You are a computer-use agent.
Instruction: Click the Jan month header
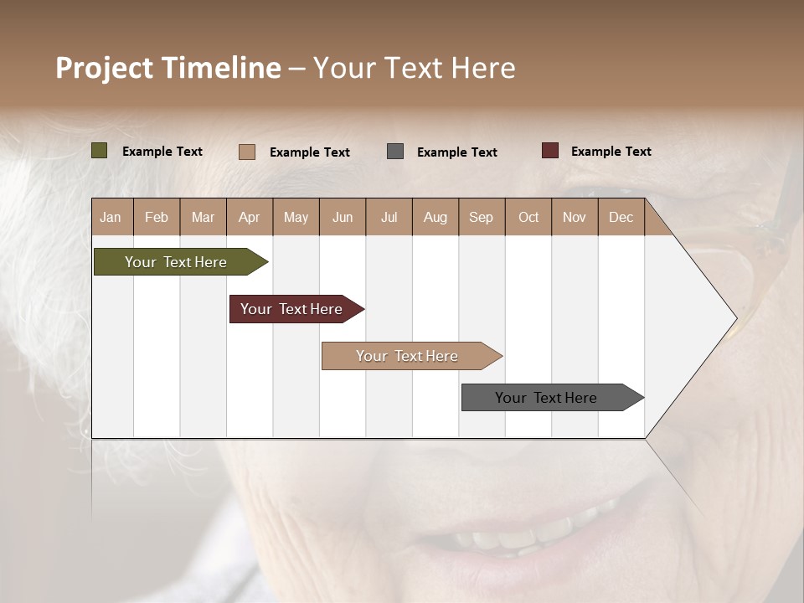[111, 217]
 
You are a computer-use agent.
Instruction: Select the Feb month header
[157, 217]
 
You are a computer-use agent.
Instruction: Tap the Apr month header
[250, 217]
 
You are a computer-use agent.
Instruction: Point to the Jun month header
[343, 217]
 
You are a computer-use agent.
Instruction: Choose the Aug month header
[435, 217]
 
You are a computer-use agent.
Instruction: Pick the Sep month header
[482, 217]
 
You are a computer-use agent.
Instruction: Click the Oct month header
[528, 217]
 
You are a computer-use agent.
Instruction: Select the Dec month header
[621, 217]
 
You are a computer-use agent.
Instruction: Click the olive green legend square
[100, 151]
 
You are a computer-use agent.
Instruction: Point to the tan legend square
[247, 152]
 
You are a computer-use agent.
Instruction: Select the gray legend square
[395, 151]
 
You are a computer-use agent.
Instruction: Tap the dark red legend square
[550, 151]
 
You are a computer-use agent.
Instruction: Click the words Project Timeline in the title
[167, 68]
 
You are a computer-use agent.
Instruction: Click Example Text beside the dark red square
[611, 152]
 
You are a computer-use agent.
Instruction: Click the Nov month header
[575, 217]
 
